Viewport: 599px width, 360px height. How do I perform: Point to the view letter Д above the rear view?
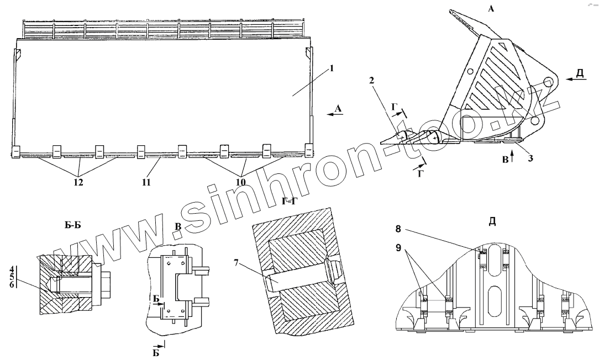pos(492,222)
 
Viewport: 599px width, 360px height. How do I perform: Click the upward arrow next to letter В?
pos(512,157)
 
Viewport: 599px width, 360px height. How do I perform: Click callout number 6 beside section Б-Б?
pos(12,284)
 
